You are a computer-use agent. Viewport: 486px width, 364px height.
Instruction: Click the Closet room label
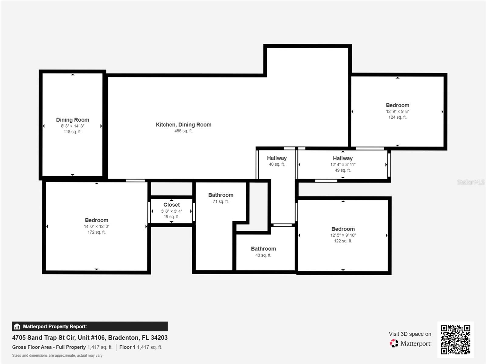pos(172,205)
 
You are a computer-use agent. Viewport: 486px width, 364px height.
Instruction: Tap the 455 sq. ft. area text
pos(183,131)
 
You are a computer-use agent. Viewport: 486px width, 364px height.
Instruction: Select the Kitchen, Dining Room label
pos(183,125)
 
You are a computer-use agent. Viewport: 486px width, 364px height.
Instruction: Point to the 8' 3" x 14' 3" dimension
pos(73,126)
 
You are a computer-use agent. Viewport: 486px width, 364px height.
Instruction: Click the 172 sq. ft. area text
pos(97,232)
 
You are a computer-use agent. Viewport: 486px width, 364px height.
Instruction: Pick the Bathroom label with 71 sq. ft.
pos(221,195)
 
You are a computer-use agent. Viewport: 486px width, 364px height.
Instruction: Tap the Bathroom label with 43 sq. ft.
pos(263,249)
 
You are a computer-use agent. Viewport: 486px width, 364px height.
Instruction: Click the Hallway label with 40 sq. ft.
pos(277,158)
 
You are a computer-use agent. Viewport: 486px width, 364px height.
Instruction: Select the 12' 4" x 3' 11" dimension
pos(343,164)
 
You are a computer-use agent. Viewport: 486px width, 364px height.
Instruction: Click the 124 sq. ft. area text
pos(397,117)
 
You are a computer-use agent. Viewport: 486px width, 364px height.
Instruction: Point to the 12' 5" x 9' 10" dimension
pos(343,235)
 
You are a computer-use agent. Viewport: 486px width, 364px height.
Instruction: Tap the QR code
pos(455,339)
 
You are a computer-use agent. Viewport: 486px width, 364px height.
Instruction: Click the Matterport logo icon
pos(394,343)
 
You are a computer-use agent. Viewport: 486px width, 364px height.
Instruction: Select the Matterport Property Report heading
pos(55,326)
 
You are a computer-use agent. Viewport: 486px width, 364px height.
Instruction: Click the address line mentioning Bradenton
pos(90,338)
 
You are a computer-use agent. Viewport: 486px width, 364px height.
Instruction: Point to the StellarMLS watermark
pos(471,182)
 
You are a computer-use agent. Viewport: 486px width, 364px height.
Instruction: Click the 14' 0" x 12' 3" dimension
pos(97,226)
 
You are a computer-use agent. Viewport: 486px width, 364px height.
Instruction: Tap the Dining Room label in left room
pos(73,120)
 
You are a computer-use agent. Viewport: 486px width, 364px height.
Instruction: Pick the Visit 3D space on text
pos(410,334)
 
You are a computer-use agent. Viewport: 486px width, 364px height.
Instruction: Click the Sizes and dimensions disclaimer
pos(57,356)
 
